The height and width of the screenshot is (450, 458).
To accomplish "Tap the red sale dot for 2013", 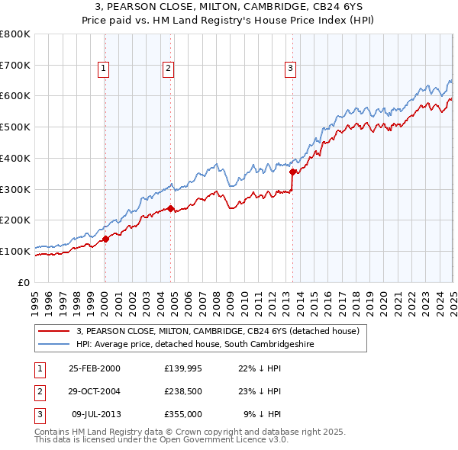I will pyautogui.click(x=292, y=172).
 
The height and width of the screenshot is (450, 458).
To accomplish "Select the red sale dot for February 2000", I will pyautogui.click(x=106, y=239).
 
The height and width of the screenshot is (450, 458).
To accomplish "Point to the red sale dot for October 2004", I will pyautogui.click(x=171, y=208).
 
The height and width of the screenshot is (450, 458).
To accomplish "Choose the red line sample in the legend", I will pyautogui.click(x=54, y=331).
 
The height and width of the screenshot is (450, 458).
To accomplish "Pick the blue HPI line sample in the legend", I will pyautogui.click(x=54, y=345).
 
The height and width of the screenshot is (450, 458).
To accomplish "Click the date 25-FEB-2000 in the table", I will pyautogui.click(x=94, y=368).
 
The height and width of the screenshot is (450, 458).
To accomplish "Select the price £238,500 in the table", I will pyautogui.click(x=183, y=391).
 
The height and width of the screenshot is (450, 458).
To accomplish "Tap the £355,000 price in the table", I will pyautogui.click(x=183, y=414).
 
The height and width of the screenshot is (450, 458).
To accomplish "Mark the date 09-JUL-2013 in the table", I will pyautogui.click(x=95, y=414).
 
